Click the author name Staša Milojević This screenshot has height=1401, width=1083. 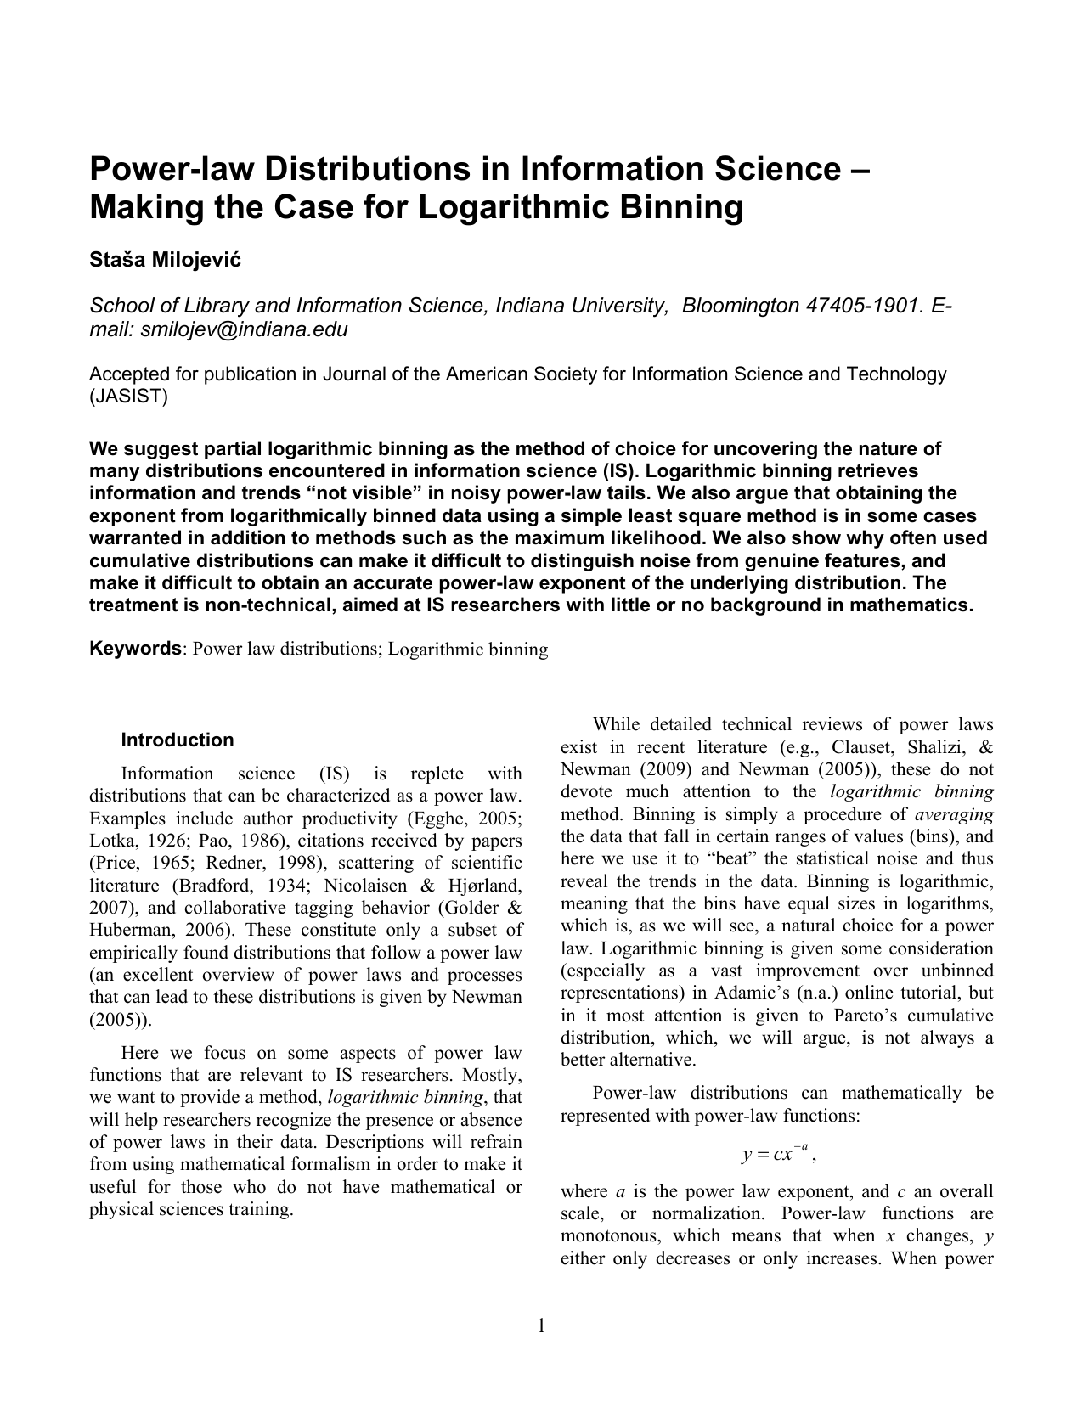coord(166,260)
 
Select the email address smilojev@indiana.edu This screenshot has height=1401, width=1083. coord(244,329)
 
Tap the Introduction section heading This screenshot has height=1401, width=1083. coord(177,740)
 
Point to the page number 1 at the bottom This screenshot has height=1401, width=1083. coord(541,1325)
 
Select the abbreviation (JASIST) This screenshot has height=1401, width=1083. coord(129,397)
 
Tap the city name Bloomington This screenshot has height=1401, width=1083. coord(741,306)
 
